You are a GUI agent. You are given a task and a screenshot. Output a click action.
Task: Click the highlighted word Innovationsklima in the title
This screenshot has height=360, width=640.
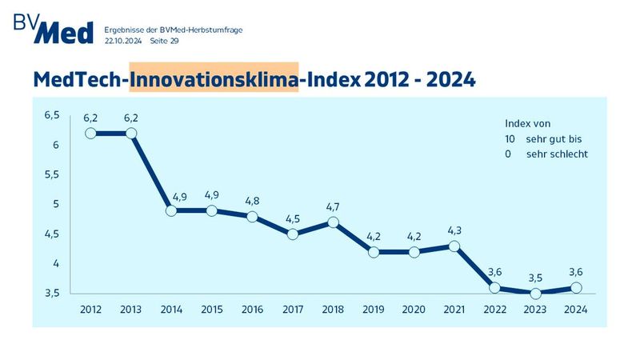214,79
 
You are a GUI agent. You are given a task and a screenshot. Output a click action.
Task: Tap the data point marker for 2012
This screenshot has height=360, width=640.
90,134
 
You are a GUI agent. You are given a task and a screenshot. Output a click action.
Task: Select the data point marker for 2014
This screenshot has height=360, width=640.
171,210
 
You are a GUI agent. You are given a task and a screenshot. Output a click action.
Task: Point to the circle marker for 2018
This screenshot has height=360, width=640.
334,222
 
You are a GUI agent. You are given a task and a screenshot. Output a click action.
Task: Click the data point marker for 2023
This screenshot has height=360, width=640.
535,294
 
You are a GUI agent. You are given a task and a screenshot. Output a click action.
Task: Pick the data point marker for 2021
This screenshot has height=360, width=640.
454,246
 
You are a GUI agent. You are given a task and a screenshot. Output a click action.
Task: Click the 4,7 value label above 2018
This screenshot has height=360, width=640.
334,207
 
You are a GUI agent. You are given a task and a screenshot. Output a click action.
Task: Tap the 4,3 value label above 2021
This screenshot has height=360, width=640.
454,230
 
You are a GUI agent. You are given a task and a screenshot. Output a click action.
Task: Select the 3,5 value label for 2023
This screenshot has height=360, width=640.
535,278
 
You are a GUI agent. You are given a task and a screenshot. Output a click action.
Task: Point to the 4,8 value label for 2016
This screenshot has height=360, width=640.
252,201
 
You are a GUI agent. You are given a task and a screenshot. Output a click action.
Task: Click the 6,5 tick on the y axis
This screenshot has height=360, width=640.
52,115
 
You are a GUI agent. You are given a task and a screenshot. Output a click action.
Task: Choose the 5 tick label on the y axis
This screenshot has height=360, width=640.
57,204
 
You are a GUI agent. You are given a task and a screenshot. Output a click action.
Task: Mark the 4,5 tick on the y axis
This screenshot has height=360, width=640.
52,234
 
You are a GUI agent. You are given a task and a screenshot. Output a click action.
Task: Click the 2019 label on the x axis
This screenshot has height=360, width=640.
374,310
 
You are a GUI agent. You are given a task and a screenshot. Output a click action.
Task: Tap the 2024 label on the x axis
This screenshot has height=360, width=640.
575,310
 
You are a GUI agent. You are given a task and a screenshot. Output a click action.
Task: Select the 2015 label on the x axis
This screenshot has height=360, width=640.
212,310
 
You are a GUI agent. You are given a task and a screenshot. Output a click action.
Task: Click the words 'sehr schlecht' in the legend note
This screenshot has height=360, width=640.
557,154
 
